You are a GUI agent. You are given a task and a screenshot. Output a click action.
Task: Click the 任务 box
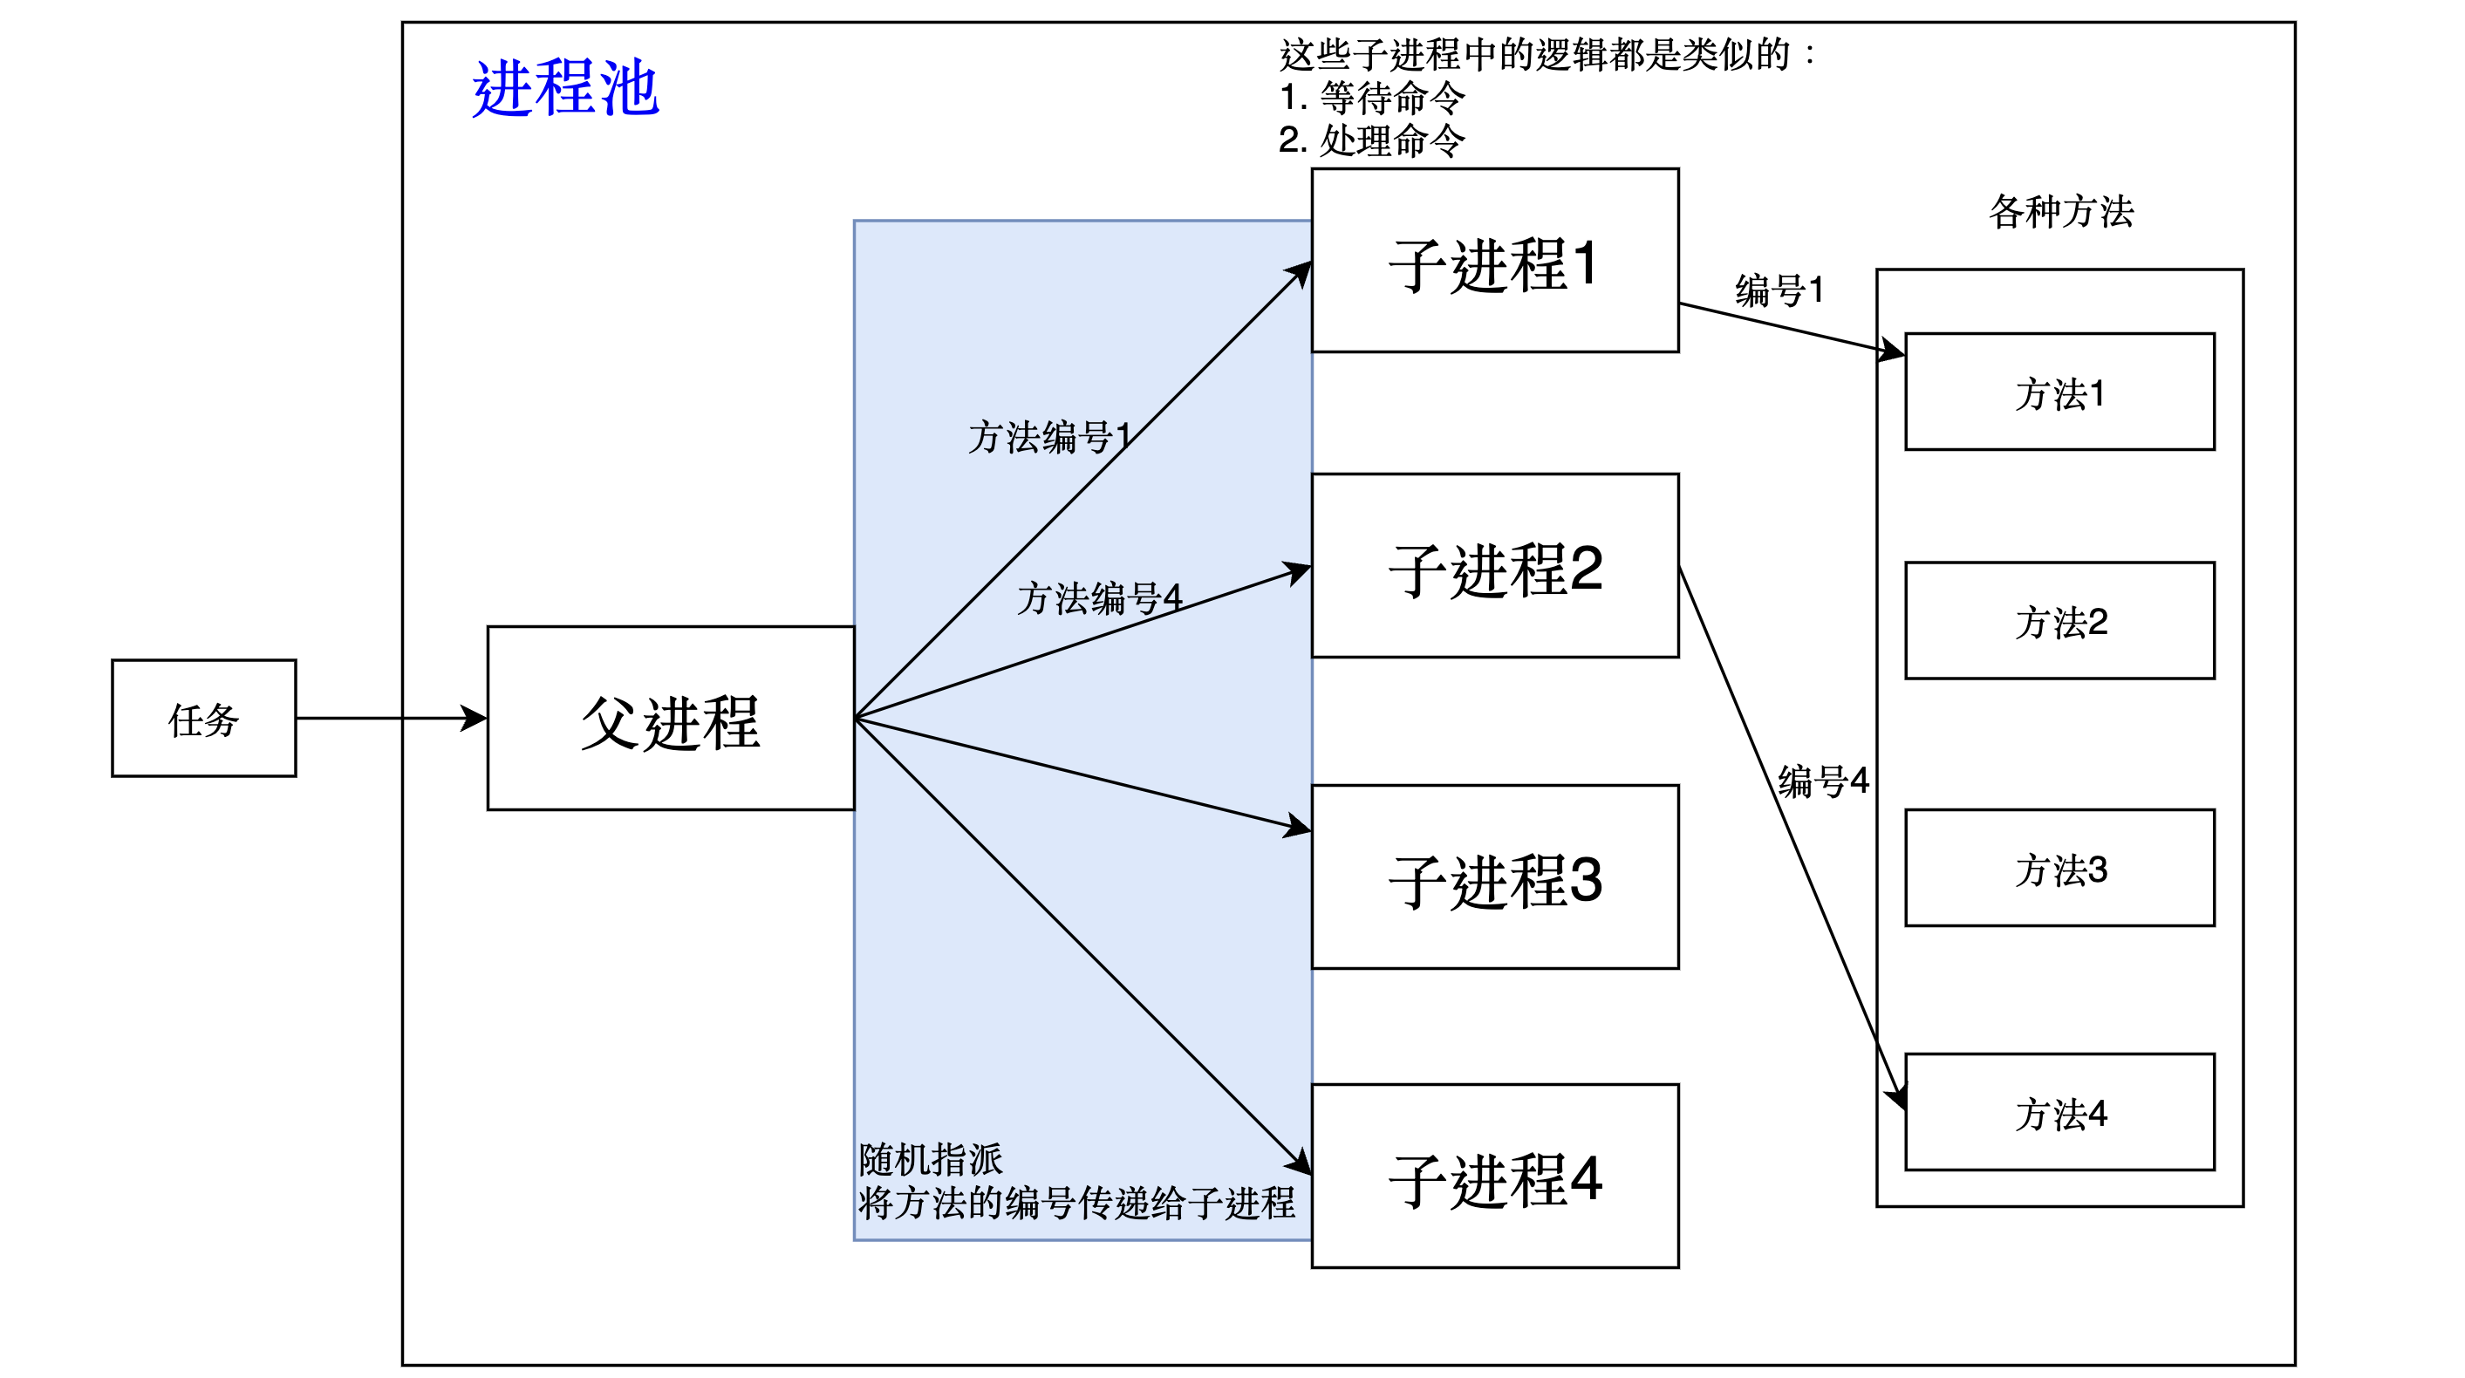pyautogui.click(x=203, y=718)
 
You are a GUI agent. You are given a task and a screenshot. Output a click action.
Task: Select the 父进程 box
pyautogui.click(x=670, y=719)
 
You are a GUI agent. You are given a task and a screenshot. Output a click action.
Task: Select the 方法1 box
pyautogui.click(x=2059, y=392)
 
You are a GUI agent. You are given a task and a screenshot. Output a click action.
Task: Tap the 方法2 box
pyautogui.click(x=2059, y=621)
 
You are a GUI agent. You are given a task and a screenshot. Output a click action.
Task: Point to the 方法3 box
pyautogui.click(x=2059, y=868)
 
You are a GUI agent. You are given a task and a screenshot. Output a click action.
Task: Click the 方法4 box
pyautogui.click(x=2059, y=1112)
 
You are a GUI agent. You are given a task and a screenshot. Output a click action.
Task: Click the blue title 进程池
pyautogui.click(x=564, y=88)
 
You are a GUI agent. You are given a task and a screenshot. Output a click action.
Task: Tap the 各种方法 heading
pyautogui.click(x=2060, y=210)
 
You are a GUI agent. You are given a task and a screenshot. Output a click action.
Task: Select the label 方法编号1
pyautogui.click(x=1048, y=436)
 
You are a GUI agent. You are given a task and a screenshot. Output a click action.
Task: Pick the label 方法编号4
pyautogui.click(x=1098, y=598)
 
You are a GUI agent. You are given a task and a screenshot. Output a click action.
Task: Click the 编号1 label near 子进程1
pyautogui.click(x=1779, y=289)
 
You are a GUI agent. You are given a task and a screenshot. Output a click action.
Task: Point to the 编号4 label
pyautogui.click(x=1822, y=780)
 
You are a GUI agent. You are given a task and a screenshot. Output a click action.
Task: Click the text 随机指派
pyautogui.click(x=930, y=1159)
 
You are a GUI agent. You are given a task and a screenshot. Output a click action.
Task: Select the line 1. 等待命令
pyautogui.click(x=1371, y=97)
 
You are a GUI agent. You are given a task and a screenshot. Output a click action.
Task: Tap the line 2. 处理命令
pyautogui.click(x=1371, y=140)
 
